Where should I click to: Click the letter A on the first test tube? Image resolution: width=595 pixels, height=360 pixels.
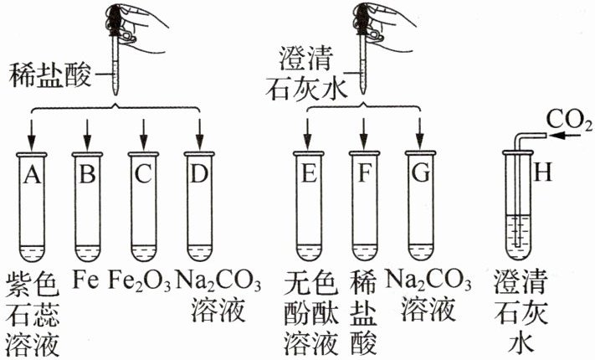[32, 174]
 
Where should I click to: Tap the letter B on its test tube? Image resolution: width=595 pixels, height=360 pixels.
[88, 174]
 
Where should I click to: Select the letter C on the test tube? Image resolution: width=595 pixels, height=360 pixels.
[143, 174]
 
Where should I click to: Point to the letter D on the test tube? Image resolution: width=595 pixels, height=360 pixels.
[199, 174]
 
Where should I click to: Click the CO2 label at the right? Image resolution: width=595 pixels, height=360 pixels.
[569, 121]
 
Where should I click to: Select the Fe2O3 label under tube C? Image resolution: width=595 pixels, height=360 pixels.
[140, 281]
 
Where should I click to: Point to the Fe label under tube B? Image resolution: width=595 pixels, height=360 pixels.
[85, 280]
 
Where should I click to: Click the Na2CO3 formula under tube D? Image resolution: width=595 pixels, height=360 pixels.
[218, 281]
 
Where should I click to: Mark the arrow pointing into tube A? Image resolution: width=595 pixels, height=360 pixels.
[32, 135]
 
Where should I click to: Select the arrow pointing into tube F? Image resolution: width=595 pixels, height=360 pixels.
[364, 134]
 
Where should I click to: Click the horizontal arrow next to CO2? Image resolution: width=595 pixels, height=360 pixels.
[565, 136]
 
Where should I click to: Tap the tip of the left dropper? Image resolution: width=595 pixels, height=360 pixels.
[114, 95]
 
